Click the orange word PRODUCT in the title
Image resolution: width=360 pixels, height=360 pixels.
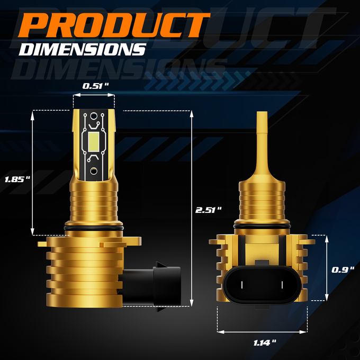[x=114, y=25]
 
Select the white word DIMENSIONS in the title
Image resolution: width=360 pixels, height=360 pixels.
[x=83, y=49]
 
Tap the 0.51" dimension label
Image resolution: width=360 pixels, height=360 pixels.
[x=95, y=86]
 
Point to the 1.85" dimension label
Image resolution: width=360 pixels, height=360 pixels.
[x=17, y=179]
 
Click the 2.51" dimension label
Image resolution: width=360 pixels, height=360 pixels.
[x=209, y=210]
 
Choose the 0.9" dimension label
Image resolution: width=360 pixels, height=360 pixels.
[x=343, y=270]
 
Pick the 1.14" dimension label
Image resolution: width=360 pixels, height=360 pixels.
[x=265, y=343]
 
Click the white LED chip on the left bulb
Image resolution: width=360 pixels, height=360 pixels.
[x=94, y=142]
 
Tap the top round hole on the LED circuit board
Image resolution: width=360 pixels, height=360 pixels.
[x=94, y=116]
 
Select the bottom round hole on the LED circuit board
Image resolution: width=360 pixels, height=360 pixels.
[x=94, y=171]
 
